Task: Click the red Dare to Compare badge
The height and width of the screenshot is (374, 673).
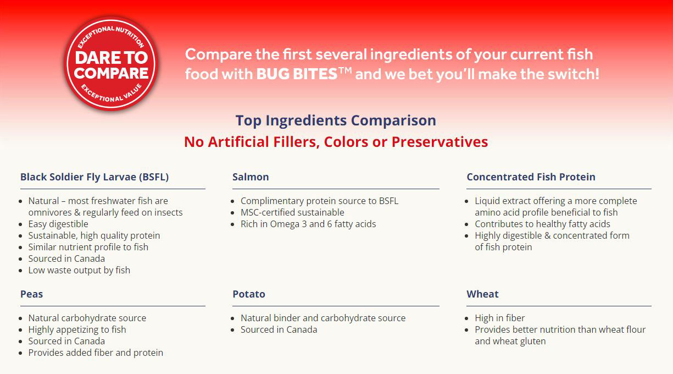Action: coord(111,64)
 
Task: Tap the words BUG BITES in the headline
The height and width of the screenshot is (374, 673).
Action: coord(297,74)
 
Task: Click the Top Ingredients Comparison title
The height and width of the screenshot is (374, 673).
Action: coord(336,120)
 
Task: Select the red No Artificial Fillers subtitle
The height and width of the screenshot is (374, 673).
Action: coord(336,142)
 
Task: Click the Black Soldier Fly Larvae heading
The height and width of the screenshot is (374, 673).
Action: coord(94,177)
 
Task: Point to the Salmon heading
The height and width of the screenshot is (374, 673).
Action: coord(251,177)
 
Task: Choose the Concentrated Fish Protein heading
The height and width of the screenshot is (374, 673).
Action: coord(531,177)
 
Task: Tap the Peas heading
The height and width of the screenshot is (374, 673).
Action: coord(31,294)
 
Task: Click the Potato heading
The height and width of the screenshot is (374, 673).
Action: coord(249,294)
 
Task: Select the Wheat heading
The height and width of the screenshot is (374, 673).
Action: coord(482,294)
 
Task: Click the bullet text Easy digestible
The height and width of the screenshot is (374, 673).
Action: coord(58,224)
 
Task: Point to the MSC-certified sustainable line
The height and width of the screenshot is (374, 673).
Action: coord(292,212)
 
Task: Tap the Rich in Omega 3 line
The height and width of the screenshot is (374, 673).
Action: coord(308,224)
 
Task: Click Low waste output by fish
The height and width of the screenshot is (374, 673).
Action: coord(79,270)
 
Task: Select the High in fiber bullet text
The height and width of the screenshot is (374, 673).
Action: coord(499,318)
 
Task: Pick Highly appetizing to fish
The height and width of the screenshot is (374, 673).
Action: coord(77,330)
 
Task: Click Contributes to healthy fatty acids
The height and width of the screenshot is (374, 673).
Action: coord(542,224)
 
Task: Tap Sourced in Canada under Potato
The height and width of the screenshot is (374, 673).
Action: coord(279,330)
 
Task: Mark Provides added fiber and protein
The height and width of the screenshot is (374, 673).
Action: coord(96,353)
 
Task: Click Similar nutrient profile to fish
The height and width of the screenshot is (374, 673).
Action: coord(88,247)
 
